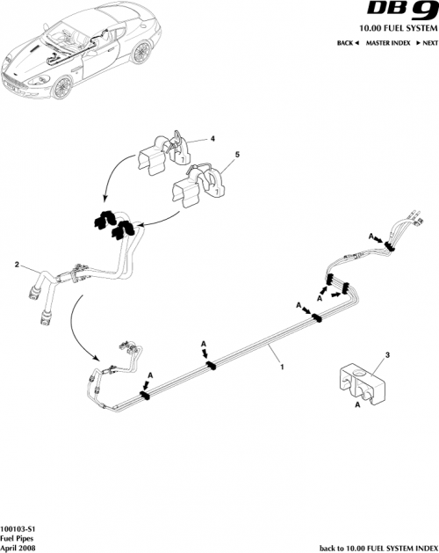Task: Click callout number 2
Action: pyautogui.click(x=16, y=264)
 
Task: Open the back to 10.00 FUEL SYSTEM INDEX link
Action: pyautogui.click(x=377, y=546)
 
